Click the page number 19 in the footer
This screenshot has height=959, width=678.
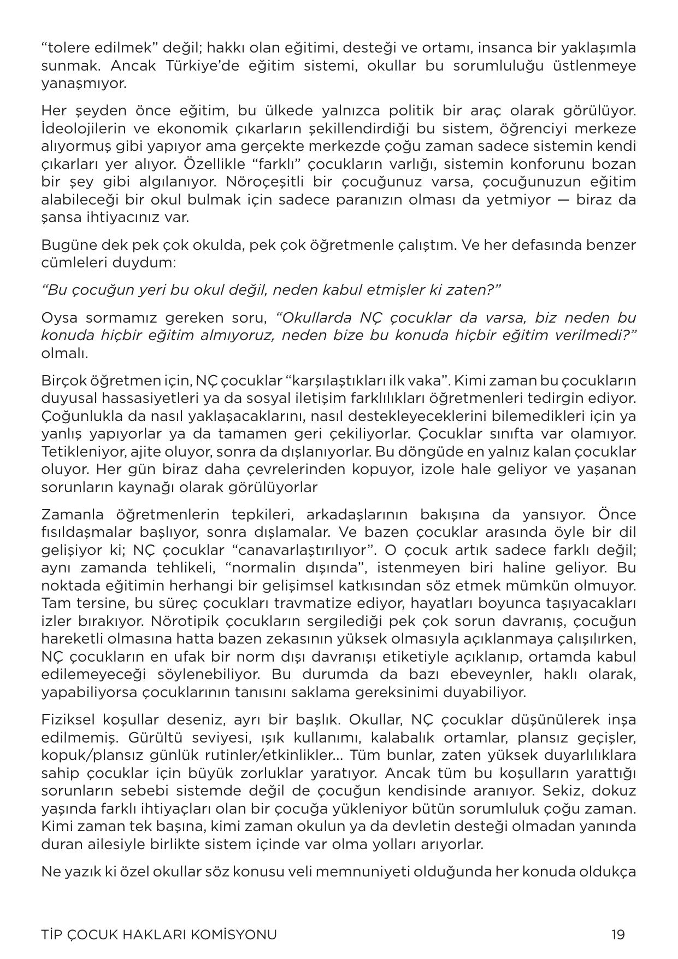(x=618, y=934)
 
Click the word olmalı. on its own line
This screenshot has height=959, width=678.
(x=64, y=353)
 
